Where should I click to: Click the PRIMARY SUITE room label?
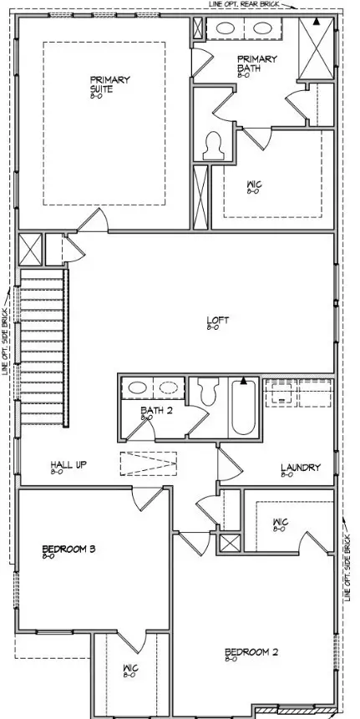click(x=110, y=84)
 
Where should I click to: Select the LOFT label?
click(x=218, y=321)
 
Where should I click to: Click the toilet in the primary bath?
click(x=212, y=145)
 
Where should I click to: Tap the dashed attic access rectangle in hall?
click(x=149, y=463)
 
